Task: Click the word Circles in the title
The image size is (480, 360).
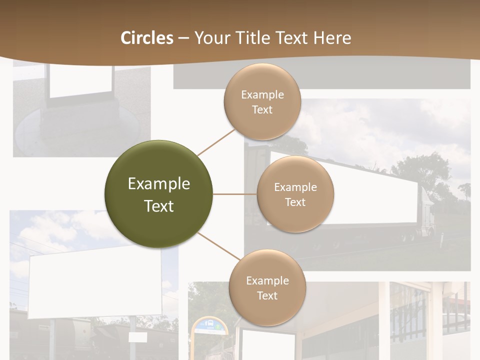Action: pos(146,38)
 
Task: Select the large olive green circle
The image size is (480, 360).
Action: pos(159,194)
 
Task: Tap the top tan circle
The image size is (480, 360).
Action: pos(262,102)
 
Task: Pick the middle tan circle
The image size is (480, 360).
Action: pos(295,194)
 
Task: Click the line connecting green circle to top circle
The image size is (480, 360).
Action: pos(216,142)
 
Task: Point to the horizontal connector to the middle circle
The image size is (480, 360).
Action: pos(234,194)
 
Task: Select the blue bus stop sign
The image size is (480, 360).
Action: pos(210,325)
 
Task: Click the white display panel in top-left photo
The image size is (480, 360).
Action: pos(80,80)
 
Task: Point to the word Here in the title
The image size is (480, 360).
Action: pos(332,38)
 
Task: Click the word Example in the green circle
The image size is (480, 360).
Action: pos(159,184)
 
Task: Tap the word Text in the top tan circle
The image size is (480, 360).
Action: pos(262,109)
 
